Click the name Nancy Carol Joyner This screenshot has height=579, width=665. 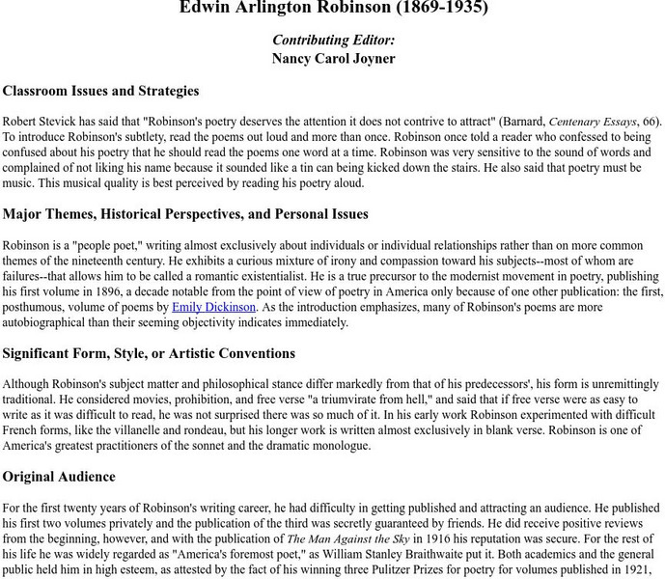[x=333, y=58]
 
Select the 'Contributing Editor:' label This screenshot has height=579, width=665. [x=333, y=40]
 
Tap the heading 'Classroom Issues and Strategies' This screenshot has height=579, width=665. [x=100, y=91]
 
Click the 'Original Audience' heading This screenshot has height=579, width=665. [x=59, y=476]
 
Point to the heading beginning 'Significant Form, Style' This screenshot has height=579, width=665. [x=149, y=353]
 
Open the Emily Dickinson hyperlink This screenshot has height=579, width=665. [x=213, y=307]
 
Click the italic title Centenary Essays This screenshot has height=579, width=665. [x=593, y=122]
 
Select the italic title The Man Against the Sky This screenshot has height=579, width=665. [x=344, y=538]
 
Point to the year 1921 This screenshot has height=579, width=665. [x=642, y=569]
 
